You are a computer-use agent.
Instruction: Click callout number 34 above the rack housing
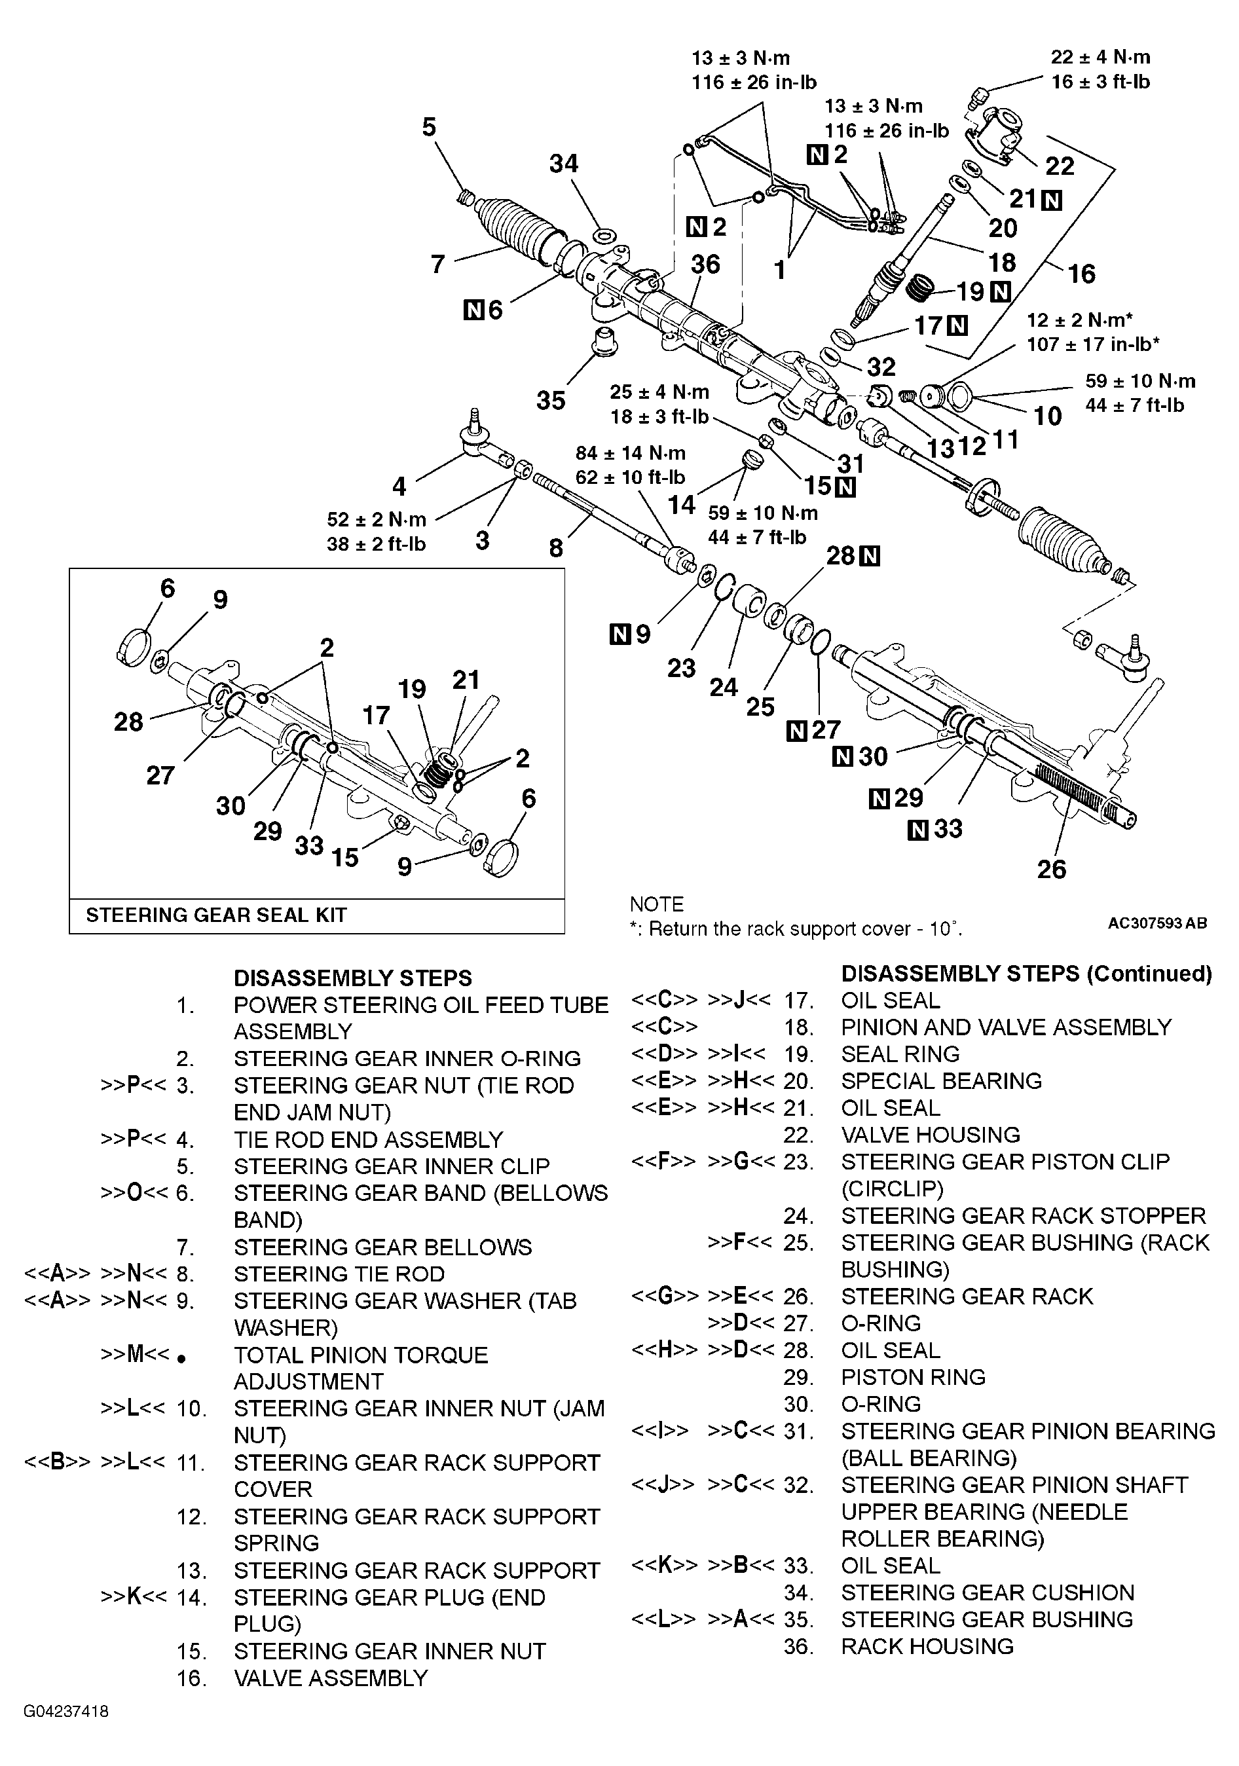pyautogui.click(x=563, y=164)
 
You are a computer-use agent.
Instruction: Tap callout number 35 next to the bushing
pyautogui.click(x=551, y=401)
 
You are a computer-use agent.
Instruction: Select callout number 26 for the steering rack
pyautogui.click(x=1050, y=869)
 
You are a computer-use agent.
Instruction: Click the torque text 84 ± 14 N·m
pyautogui.click(x=630, y=453)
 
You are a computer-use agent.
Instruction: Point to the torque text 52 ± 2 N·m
pyautogui.click(x=376, y=519)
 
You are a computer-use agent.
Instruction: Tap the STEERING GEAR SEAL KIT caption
pyautogui.click(x=216, y=915)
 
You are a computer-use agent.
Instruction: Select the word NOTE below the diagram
pyautogui.click(x=656, y=904)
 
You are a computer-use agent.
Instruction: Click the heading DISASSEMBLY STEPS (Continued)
pyautogui.click(x=1026, y=974)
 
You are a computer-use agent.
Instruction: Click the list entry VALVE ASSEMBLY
pyautogui.click(x=330, y=1678)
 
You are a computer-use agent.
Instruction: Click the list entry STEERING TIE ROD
pyautogui.click(x=339, y=1274)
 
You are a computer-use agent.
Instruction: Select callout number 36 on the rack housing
pyautogui.click(x=705, y=265)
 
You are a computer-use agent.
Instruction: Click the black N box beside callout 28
pyautogui.click(x=870, y=556)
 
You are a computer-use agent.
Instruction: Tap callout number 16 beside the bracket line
pyautogui.click(x=1081, y=274)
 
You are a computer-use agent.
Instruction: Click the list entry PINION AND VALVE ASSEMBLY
pyautogui.click(x=1005, y=1027)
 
